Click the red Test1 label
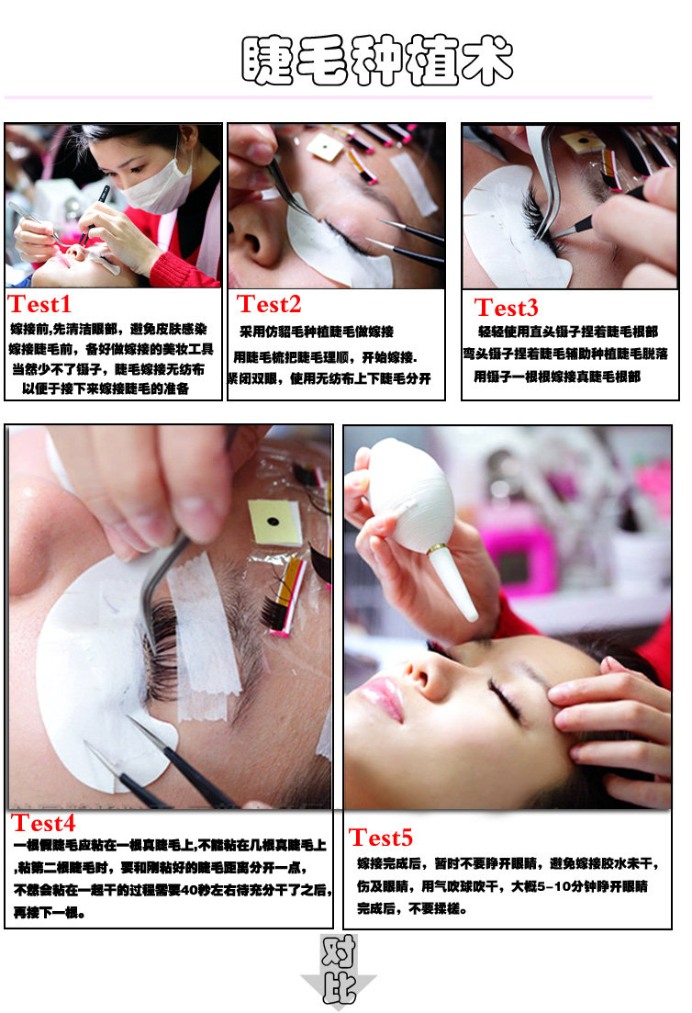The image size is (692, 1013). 39,304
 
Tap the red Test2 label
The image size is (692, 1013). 269,304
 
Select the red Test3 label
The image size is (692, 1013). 506,308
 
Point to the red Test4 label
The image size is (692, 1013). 43,823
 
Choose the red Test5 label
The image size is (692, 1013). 380,838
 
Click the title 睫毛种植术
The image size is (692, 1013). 377,60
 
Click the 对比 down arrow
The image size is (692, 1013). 339,971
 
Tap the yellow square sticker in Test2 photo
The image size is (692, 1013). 325,147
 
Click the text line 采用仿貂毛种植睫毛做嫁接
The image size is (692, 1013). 317,332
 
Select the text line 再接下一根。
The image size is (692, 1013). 49,912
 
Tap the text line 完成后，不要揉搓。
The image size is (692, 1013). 411,907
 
